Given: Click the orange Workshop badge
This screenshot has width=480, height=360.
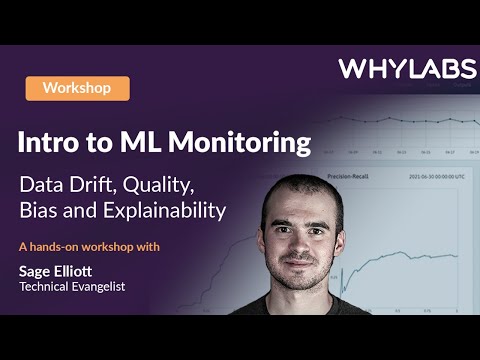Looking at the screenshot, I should coord(78,88).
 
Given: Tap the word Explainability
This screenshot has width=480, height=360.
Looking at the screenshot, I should coord(167,212).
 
